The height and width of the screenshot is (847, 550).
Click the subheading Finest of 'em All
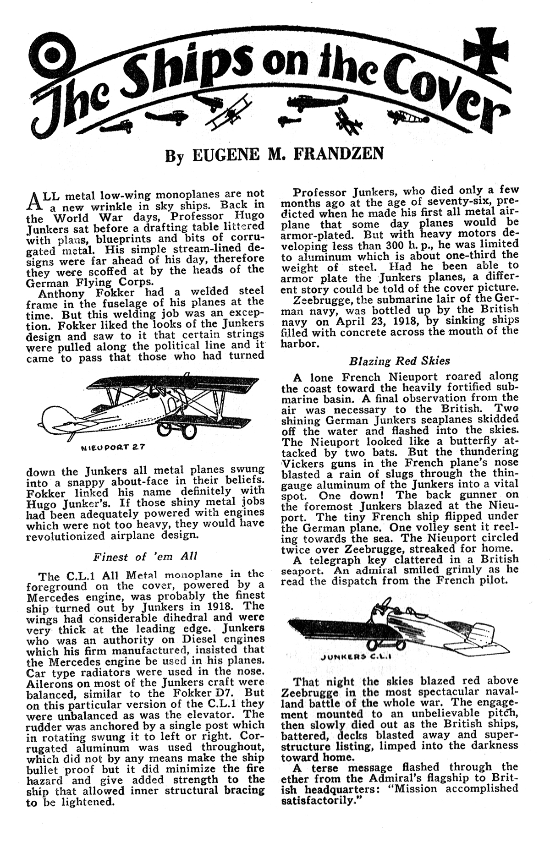[145, 557]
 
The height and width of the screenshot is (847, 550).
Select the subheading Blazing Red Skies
[399, 361]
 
